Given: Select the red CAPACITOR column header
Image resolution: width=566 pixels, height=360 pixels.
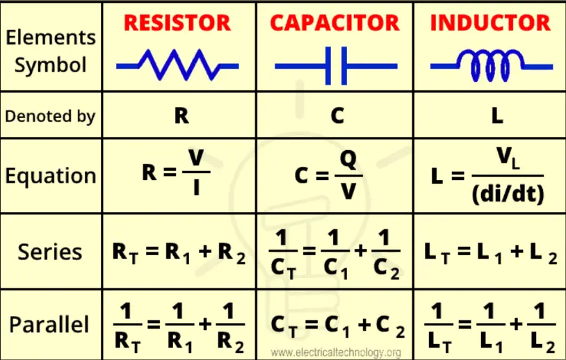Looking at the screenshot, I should point(335,23).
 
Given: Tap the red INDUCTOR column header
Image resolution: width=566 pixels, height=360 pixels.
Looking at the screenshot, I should point(490,23).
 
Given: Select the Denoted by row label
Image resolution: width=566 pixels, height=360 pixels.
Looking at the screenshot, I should point(50,116).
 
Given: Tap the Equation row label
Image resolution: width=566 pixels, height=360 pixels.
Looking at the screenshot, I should point(50,175).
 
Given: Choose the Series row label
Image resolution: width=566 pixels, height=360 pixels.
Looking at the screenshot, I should point(50,252).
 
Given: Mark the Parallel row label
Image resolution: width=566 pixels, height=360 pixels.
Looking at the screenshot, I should point(50,325).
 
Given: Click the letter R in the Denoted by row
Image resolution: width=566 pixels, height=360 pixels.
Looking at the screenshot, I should point(181,115).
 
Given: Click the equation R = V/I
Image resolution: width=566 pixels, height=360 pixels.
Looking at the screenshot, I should point(177,174).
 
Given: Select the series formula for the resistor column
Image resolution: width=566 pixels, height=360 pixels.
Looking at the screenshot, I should point(179,252).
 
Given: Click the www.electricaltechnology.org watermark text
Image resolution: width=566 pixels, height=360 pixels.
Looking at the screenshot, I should point(336,352).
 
